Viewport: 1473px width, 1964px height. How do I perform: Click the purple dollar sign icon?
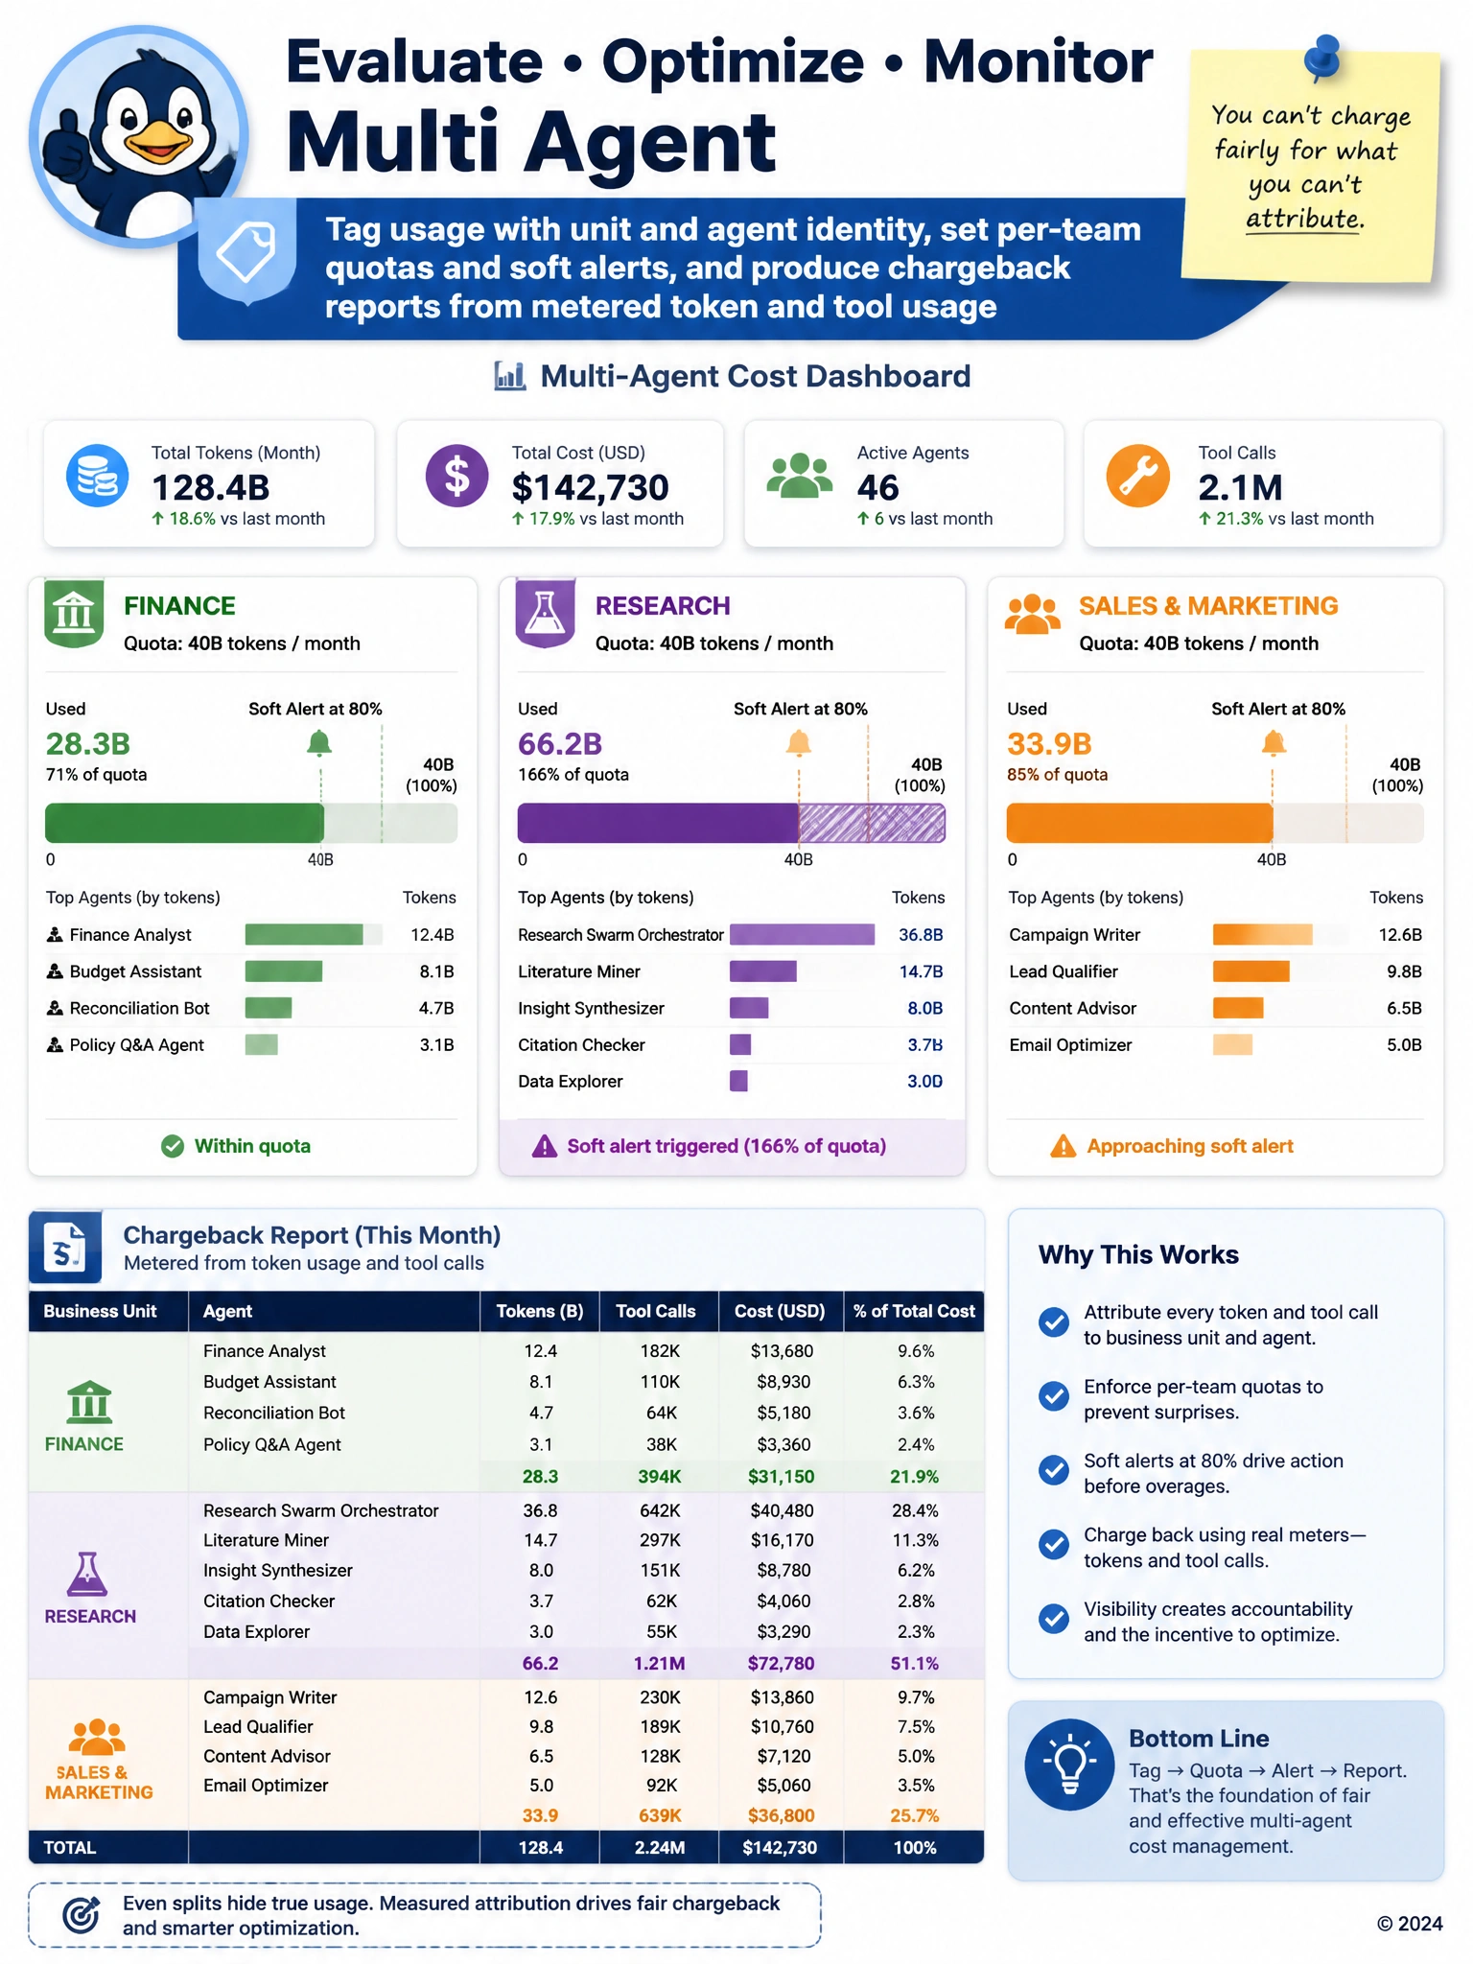click(456, 476)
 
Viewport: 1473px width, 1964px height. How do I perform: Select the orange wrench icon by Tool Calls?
click(1137, 476)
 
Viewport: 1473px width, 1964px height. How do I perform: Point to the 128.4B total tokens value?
click(211, 487)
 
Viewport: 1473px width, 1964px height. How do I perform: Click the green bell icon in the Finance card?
click(319, 743)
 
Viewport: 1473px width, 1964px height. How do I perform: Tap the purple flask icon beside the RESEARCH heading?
click(546, 613)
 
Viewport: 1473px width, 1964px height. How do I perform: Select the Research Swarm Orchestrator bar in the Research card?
click(802, 934)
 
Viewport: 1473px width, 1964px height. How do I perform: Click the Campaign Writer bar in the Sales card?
click(1262, 934)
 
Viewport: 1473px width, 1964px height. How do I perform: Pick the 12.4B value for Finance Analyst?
click(433, 935)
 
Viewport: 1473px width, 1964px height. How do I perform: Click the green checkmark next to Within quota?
click(173, 1146)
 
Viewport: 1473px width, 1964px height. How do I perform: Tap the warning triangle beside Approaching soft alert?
click(1063, 1146)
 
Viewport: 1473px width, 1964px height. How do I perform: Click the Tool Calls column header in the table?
click(656, 1311)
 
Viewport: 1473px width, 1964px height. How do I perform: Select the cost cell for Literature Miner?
click(782, 1540)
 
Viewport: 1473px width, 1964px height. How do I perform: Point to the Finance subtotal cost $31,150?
click(782, 1477)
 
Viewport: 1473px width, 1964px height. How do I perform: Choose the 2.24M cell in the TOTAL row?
click(660, 1847)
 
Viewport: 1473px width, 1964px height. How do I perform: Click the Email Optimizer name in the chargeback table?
click(266, 1786)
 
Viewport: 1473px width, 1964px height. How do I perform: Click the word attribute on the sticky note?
click(1304, 219)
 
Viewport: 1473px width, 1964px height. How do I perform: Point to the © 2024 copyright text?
click(1410, 1924)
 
